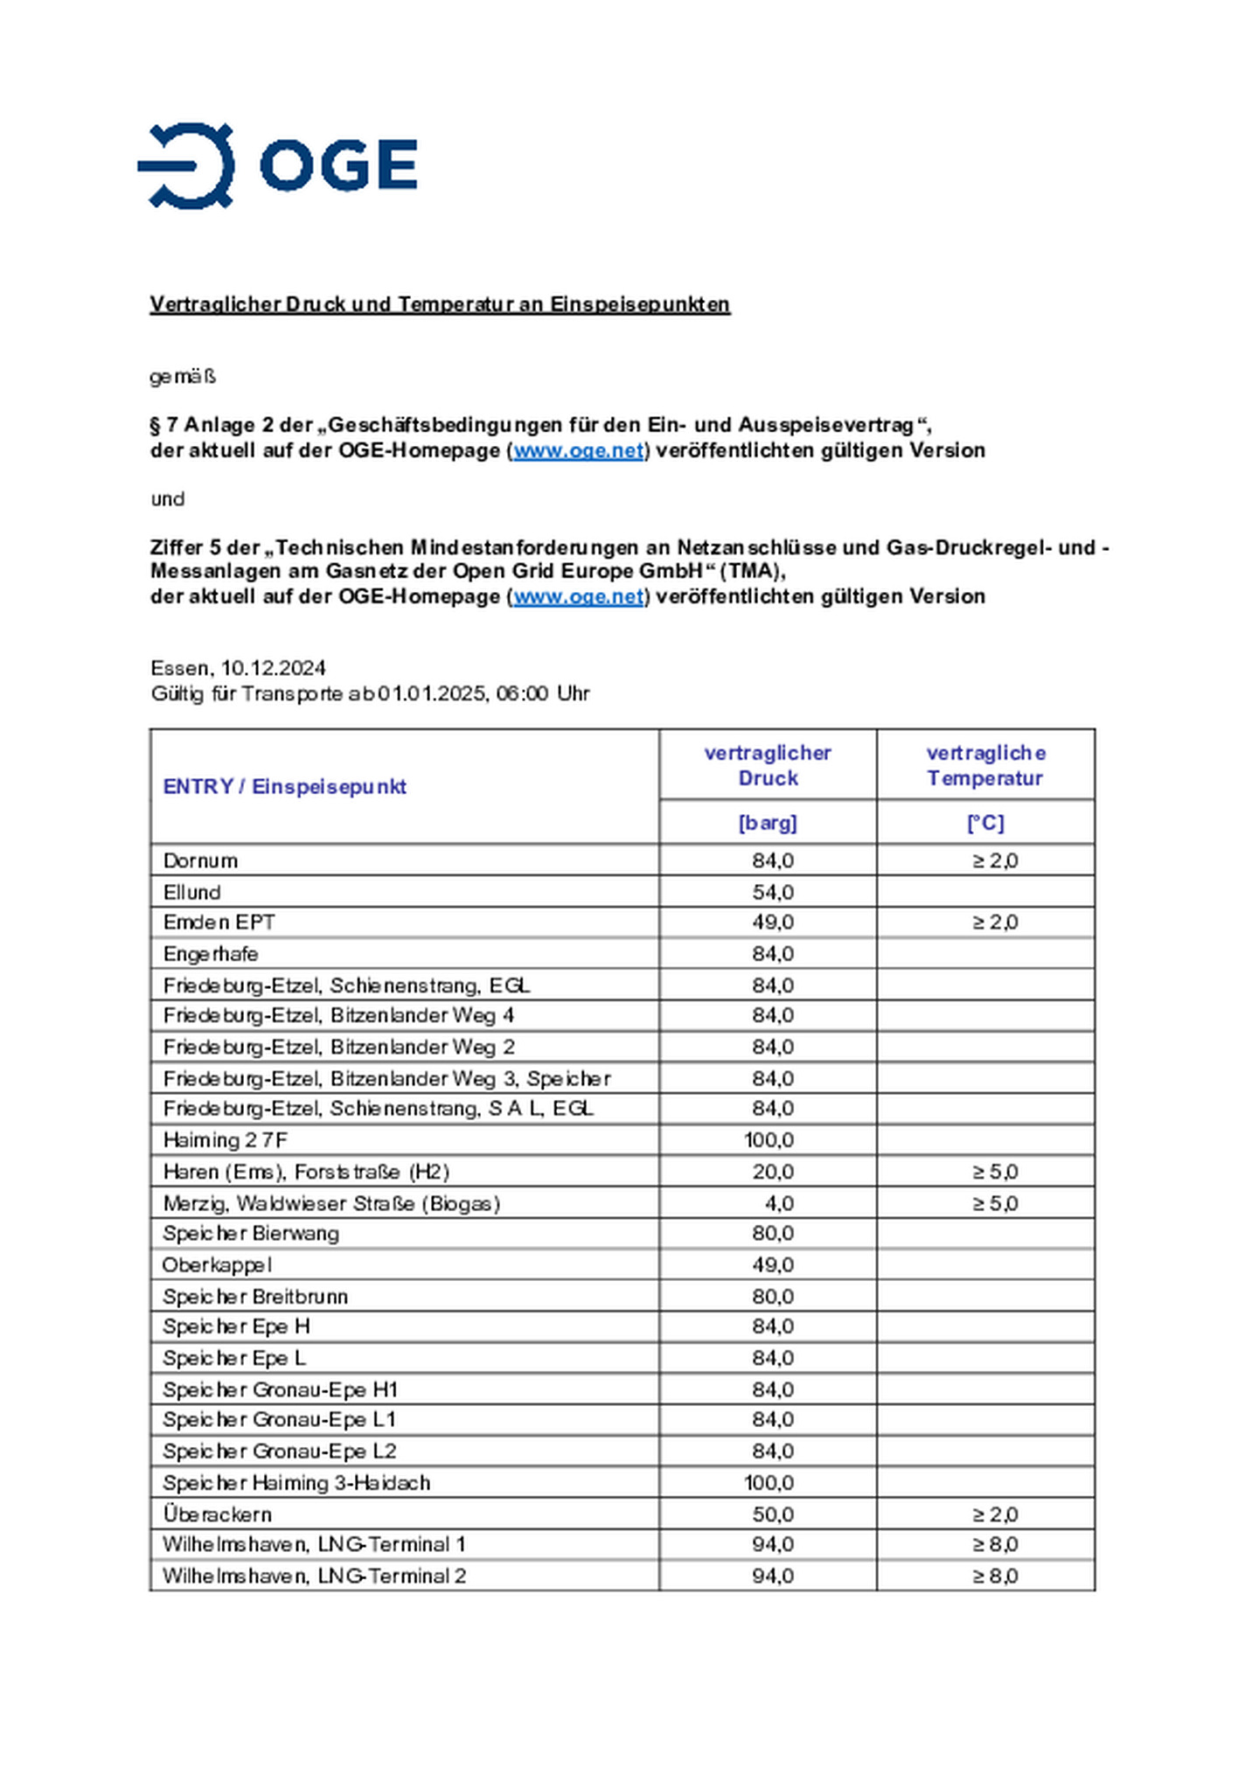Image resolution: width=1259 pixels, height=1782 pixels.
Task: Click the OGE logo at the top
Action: [276, 165]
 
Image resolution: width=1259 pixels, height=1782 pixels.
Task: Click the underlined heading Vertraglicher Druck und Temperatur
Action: [439, 304]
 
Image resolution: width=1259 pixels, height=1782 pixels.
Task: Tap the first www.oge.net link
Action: [578, 450]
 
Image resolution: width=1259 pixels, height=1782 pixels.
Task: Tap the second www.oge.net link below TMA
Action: [578, 596]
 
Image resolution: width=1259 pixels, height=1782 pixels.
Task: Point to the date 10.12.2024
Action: [273, 668]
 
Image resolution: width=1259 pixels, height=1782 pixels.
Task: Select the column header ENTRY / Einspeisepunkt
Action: [284, 786]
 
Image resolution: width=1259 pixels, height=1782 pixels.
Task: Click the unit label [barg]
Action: [767, 823]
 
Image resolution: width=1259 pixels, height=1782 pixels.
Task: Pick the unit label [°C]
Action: [984, 823]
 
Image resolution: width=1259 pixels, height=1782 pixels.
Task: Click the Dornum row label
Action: [200, 860]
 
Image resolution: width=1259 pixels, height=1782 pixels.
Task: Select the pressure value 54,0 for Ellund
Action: [773, 892]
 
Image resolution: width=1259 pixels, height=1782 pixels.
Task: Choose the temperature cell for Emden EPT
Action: [995, 922]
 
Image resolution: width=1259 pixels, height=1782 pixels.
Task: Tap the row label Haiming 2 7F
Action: [225, 1140]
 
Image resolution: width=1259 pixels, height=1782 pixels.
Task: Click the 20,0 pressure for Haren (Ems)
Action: [773, 1172]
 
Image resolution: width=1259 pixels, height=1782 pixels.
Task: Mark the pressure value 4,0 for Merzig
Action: [779, 1203]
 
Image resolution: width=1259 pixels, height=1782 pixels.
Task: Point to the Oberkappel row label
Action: [217, 1265]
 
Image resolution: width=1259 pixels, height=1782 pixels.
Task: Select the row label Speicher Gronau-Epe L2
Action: [279, 1451]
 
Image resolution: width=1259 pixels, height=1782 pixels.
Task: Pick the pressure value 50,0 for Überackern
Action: [773, 1514]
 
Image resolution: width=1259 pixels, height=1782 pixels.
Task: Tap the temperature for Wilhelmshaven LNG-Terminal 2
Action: [995, 1576]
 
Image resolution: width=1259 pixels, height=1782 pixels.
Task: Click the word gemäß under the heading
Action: [182, 377]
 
